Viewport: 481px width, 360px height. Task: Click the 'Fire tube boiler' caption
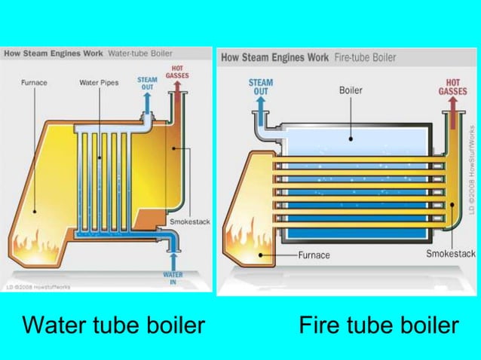(378, 325)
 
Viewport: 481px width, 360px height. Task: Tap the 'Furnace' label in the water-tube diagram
(35, 83)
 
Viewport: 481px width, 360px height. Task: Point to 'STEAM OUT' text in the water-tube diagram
(147, 83)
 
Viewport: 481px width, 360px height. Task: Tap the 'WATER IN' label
(173, 279)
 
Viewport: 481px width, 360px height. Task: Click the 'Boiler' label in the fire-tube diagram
(351, 90)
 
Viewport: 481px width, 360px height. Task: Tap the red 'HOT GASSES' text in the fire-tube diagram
(452, 87)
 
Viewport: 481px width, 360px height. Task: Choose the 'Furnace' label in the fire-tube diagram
(314, 255)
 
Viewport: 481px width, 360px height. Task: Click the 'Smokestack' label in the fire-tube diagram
(450, 255)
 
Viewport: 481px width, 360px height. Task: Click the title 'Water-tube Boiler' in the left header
(141, 54)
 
